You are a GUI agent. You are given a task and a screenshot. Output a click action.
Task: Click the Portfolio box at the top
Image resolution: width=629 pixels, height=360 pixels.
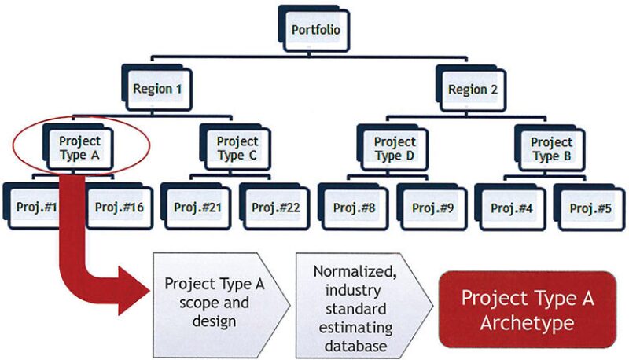[x=315, y=31]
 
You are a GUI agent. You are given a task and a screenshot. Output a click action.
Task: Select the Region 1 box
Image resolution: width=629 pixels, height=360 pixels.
[x=158, y=89]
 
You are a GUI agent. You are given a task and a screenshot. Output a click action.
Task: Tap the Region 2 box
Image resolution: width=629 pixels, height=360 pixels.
[x=473, y=89]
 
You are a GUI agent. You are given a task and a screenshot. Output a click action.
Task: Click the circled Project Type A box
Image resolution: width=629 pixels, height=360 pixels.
[x=80, y=148]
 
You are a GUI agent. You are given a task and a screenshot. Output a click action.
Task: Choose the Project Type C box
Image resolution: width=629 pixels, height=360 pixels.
[x=237, y=148]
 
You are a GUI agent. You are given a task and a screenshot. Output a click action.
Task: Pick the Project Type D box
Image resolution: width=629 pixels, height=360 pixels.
[x=395, y=148]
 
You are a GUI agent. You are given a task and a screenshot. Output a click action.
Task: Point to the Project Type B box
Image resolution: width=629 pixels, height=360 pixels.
[x=551, y=148]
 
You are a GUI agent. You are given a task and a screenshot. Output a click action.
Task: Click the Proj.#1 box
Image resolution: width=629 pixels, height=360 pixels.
[x=36, y=208]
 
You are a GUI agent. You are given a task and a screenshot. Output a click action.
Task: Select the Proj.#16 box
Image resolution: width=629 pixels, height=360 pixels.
[x=118, y=208]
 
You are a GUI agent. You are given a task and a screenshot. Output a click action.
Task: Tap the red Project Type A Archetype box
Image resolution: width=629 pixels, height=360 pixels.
[x=527, y=310]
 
